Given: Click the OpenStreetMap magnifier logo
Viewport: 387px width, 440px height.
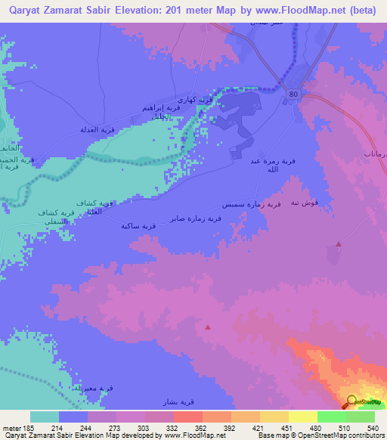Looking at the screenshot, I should point(352,401).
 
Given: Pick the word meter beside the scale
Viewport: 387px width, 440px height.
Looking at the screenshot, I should point(12,427).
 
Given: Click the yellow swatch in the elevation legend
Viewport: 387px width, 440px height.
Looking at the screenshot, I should point(303,417).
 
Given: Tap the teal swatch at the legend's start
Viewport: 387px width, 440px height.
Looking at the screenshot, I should point(45,417).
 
